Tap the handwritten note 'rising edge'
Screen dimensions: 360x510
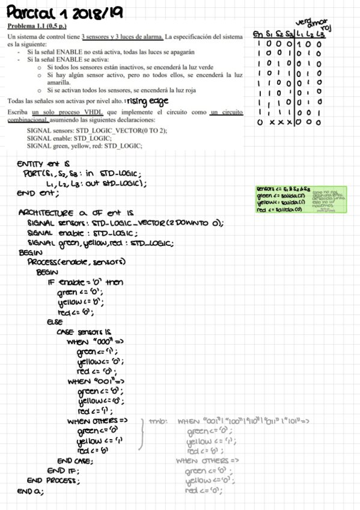(147, 100)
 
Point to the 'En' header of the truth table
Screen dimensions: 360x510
(258, 34)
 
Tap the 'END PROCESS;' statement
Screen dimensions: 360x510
(53, 481)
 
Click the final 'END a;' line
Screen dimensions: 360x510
(31, 491)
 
